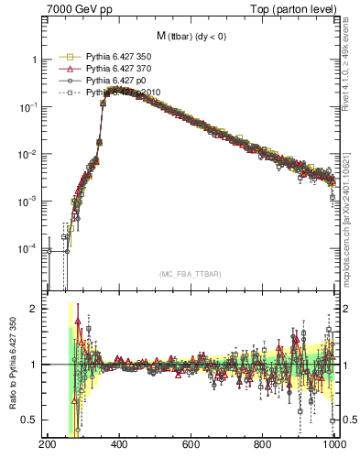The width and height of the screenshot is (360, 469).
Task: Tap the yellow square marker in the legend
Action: [66, 56]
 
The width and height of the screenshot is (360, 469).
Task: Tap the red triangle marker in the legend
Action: [66, 69]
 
